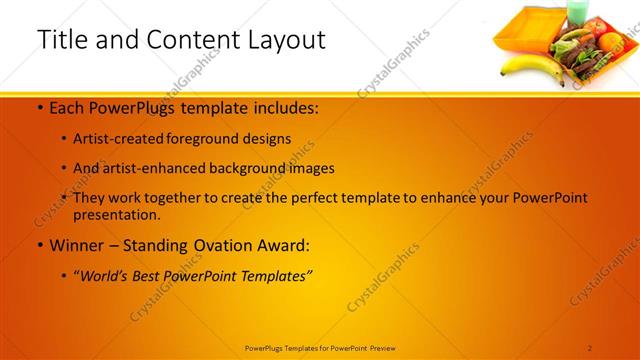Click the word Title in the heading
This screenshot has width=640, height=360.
63,40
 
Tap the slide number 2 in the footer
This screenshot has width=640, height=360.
590,347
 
